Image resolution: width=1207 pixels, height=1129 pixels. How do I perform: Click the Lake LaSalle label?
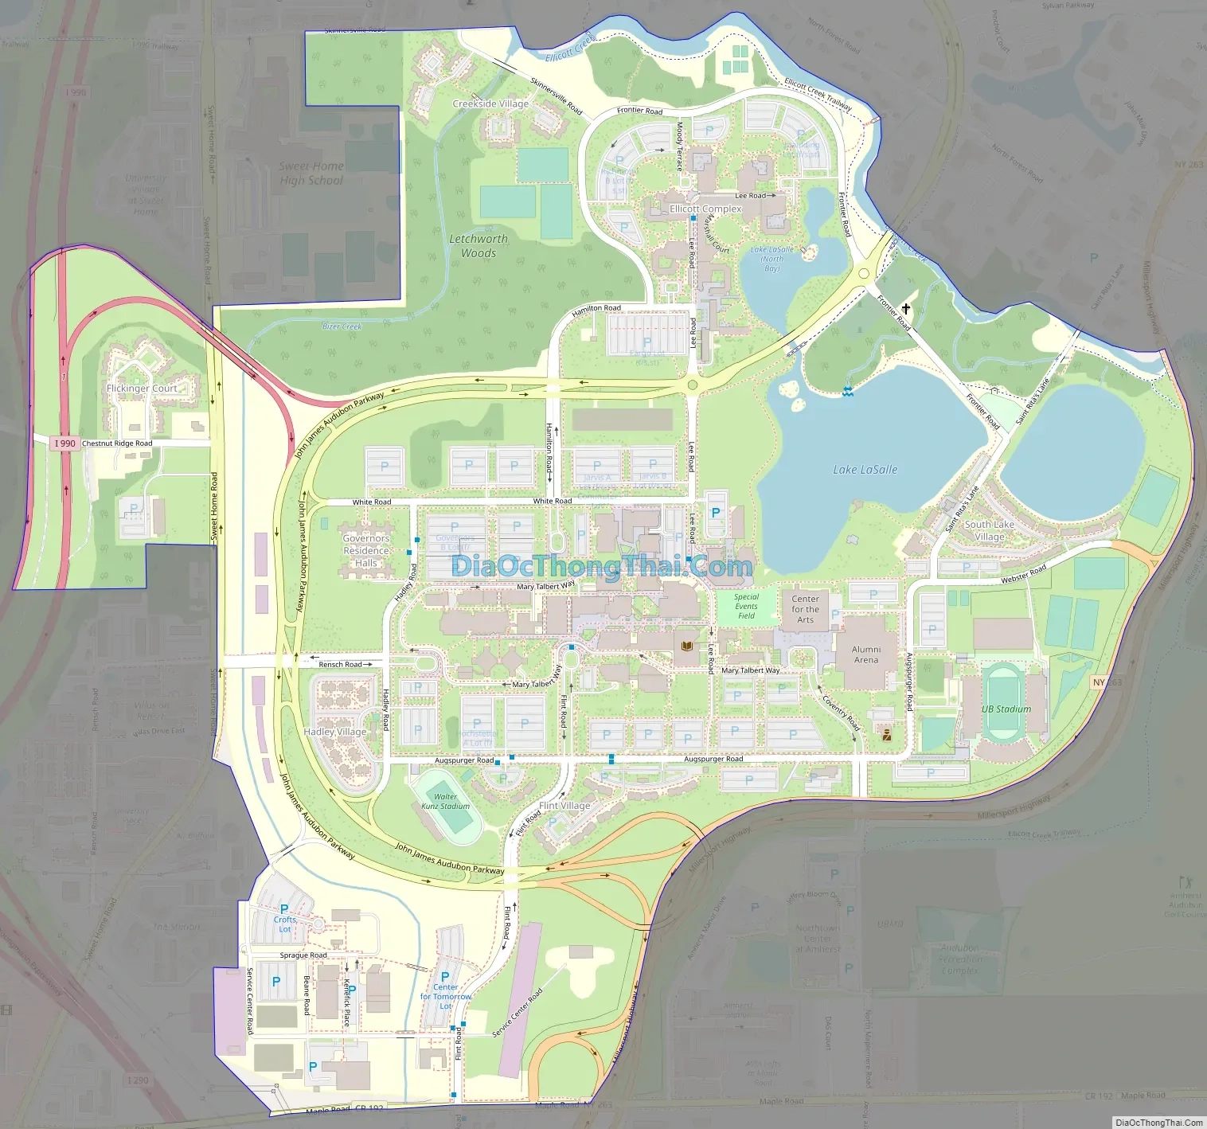click(x=865, y=470)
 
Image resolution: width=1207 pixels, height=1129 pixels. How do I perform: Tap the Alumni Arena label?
click(x=866, y=654)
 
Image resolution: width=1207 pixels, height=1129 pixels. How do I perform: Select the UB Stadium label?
click(x=1006, y=709)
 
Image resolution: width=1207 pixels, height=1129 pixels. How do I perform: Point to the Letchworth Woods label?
click(x=478, y=246)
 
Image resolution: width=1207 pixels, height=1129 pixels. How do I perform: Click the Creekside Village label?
click(x=490, y=104)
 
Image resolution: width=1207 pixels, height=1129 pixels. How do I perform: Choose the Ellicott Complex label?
click(x=705, y=209)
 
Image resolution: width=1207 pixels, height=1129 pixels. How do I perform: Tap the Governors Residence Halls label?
click(x=366, y=550)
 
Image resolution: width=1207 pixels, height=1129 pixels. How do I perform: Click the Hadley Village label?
click(x=335, y=732)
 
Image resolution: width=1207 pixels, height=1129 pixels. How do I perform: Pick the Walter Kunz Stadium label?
click(x=445, y=801)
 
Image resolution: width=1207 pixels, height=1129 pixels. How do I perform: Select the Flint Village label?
click(x=564, y=806)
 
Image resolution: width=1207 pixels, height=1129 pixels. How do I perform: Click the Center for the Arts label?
click(x=805, y=609)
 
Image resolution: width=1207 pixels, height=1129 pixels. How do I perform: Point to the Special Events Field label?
click(x=746, y=606)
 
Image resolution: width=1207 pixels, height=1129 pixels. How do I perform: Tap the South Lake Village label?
click(x=989, y=530)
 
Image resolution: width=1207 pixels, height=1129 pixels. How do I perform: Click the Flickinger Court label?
click(x=142, y=389)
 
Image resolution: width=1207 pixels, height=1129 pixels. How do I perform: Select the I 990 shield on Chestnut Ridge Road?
click(x=64, y=443)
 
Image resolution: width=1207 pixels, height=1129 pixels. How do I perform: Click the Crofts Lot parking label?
click(x=284, y=924)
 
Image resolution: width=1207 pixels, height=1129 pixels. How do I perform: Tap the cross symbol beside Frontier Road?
click(x=905, y=308)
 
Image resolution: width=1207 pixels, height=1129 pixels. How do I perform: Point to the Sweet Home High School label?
click(x=311, y=174)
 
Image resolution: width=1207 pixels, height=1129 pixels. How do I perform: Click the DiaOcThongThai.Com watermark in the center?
click(x=602, y=566)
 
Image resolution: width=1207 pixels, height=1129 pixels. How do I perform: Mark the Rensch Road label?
click(x=340, y=664)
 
